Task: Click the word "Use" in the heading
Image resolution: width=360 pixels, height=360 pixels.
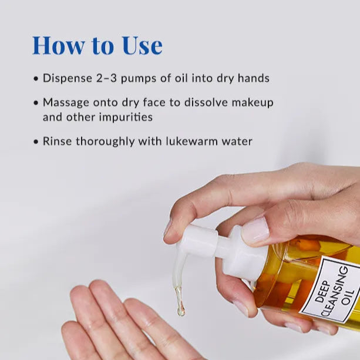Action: coord(143,45)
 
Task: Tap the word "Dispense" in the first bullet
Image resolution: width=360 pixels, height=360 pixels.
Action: coord(68,78)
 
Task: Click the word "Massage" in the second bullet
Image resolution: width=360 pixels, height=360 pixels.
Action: coord(66,103)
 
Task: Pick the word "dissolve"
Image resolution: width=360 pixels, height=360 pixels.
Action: coord(206,102)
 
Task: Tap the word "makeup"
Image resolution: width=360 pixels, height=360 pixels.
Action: coord(253,103)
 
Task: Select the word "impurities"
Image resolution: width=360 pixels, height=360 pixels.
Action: coord(126,117)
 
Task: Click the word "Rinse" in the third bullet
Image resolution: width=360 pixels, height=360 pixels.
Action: coord(58,141)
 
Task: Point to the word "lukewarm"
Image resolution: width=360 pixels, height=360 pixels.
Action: coord(191,141)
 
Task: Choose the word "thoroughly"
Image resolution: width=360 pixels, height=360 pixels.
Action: coord(105,142)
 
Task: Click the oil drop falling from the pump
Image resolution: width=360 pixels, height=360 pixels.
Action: coord(180,307)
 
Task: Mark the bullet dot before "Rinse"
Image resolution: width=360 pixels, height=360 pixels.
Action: coord(36,142)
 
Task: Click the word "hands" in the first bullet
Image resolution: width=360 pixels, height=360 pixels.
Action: coord(254,78)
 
